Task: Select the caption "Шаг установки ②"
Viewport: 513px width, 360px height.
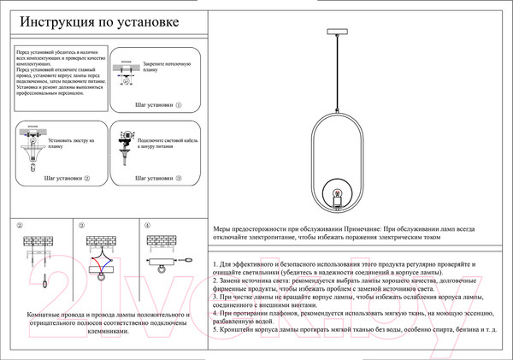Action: coord(66,180)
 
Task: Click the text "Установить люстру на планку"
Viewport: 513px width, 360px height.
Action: coord(71,141)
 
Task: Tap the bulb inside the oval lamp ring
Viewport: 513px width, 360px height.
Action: coord(336,192)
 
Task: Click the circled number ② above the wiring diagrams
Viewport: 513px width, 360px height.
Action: coord(19,226)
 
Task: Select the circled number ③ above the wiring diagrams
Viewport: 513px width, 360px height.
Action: coord(81,226)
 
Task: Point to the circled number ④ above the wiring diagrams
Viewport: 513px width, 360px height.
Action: coord(147,226)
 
